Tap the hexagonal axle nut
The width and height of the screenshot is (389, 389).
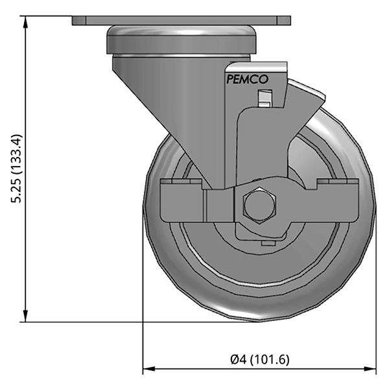260,206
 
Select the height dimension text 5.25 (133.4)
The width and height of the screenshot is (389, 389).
18,169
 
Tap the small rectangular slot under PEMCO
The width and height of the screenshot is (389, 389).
263,98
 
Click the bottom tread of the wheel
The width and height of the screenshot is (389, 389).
259,316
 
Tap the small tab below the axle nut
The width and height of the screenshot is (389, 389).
266,244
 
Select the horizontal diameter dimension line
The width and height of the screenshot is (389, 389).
194,370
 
